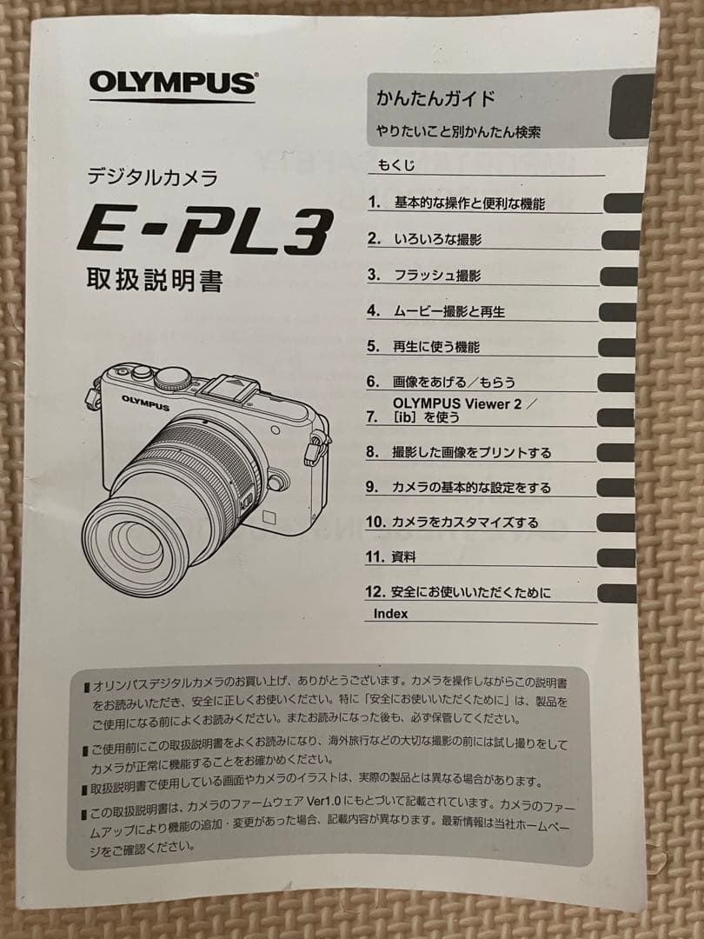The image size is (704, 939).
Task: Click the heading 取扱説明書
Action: click(x=155, y=280)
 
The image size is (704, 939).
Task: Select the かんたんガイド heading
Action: click(x=435, y=98)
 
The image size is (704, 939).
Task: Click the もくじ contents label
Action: click(x=395, y=164)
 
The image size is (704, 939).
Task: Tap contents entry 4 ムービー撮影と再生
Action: click(x=435, y=311)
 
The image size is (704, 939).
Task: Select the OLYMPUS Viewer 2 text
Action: click(x=457, y=403)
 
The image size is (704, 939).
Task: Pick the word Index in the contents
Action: click(x=390, y=614)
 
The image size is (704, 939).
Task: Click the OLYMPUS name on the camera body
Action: click(x=145, y=403)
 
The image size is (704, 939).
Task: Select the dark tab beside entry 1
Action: click(x=622, y=203)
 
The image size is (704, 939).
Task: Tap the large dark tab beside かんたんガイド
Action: click(x=631, y=107)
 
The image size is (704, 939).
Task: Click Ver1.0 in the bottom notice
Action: click(x=323, y=802)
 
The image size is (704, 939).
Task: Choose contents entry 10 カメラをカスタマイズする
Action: click(x=452, y=523)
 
